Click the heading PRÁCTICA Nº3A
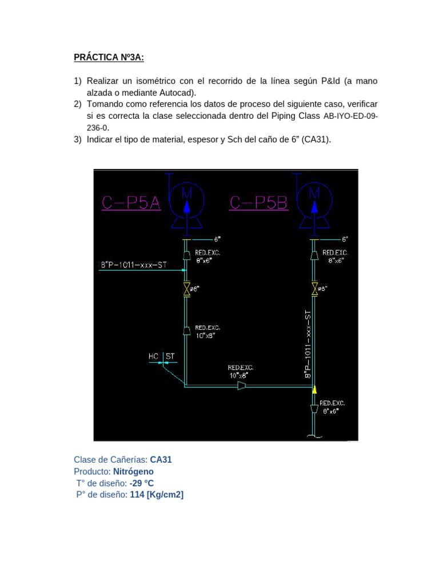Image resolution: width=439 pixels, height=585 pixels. coord(109,57)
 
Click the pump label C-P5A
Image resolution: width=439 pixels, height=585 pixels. coord(131,203)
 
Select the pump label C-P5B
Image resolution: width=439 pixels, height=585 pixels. coord(258,203)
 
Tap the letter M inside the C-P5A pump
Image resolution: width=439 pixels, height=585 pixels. coord(186,194)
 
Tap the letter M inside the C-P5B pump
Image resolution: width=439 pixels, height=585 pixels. coord(314,194)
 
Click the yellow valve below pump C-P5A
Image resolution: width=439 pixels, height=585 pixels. coord(186,290)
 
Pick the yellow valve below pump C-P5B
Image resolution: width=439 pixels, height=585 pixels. coord(314,290)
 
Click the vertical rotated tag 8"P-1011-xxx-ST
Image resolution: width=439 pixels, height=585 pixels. coord(308,344)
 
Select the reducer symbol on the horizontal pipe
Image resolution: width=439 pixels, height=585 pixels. coord(242,387)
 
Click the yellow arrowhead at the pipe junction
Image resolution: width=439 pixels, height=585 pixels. coord(314,390)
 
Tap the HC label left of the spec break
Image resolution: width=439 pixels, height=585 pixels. coord(153,356)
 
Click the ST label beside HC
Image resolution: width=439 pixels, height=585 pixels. coord(170,356)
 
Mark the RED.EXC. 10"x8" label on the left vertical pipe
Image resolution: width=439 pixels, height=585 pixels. coord(207,332)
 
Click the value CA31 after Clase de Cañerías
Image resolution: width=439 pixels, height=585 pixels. coord(161,459)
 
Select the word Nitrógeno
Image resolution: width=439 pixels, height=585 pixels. coord(133,471)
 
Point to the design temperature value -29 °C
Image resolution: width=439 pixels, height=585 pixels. coord(141,483)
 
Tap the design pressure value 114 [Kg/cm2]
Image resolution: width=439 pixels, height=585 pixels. coord(157,495)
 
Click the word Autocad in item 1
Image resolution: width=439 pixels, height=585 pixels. coord(172,93)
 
